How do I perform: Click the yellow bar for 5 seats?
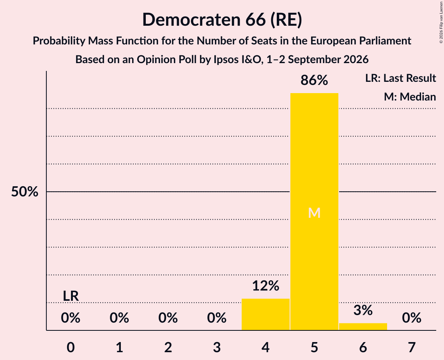tap(314, 212)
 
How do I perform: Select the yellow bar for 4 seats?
tap(265, 314)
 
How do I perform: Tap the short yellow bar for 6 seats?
tap(363, 326)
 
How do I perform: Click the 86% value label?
tap(314, 80)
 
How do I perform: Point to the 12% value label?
tap(265, 286)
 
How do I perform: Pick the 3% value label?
tap(363, 310)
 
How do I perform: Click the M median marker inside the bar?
tap(314, 213)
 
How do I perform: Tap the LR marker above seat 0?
tap(71, 296)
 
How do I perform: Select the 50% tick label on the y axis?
tap(25, 192)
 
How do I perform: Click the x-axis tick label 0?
tap(71, 347)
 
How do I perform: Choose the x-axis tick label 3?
tap(217, 347)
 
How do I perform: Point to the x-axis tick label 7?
tap(412, 347)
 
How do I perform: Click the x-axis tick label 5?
tap(314, 347)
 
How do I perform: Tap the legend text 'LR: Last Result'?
tap(401, 78)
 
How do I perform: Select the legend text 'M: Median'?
tap(410, 97)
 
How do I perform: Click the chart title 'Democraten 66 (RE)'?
tap(222, 20)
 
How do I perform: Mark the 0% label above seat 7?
tap(412, 318)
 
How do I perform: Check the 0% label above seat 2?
tap(168, 318)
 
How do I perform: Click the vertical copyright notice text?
tap(441, 22)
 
